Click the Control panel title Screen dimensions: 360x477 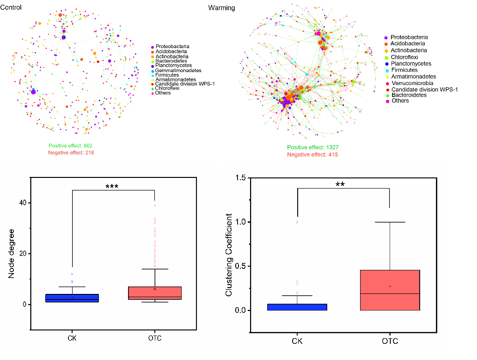[x=11, y=7]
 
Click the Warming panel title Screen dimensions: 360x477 [x=221, y=8]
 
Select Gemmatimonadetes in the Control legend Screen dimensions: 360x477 [x=178, y=70]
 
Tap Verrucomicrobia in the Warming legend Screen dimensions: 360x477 [x=412, y=83]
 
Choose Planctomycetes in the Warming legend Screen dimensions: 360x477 [x=410, y=64]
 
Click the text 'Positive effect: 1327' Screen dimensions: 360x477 [x=312, y=147]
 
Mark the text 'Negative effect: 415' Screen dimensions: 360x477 [x=312, y=154]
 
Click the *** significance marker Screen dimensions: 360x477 [x=112, y=187]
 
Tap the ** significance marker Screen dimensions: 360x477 [x=340, y=184]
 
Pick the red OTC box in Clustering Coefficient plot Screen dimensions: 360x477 [x=390, y=290]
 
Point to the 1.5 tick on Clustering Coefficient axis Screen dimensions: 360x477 [x=240, y=178]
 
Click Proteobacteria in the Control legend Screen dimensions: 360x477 [x=172, y=47]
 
